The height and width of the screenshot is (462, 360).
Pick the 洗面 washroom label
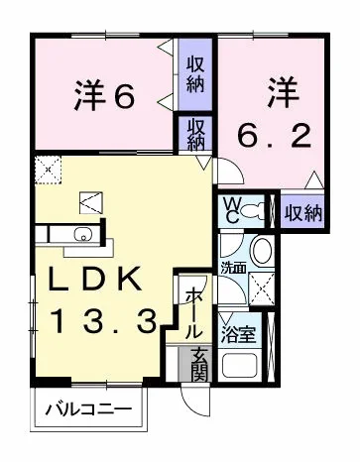tap(234, 268)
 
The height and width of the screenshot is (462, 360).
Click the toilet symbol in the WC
tap(255, 210)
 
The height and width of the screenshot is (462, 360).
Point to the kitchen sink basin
tap(82, 235)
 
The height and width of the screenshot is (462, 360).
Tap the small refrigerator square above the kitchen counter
tap(90, 201)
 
